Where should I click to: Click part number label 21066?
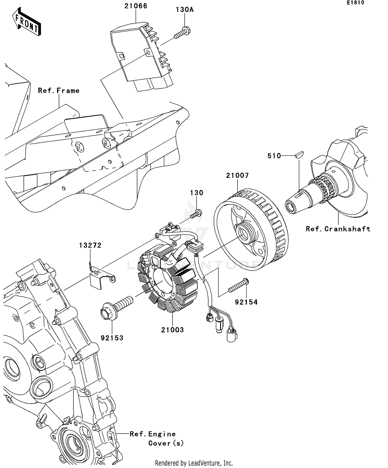136,6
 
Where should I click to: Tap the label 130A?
184,10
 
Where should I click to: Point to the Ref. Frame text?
59,91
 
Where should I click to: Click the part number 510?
274,156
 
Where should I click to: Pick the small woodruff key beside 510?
299,155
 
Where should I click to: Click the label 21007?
237,175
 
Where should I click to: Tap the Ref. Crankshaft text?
338,229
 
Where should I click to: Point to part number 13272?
90,245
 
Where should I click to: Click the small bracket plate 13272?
101,278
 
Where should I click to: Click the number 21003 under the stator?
172,330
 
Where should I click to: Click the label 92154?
246,302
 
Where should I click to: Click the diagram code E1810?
355,3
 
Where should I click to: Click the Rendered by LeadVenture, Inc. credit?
194,463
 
